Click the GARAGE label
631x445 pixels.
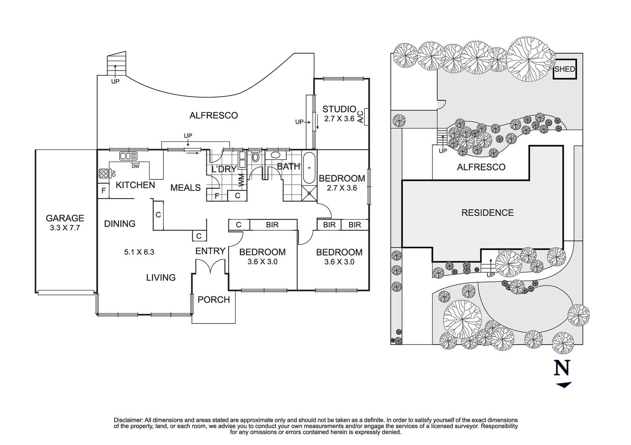[65, 218]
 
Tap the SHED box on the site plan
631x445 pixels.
[564, 69]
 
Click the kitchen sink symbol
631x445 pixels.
[128, 156]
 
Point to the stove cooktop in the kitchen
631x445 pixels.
[104, 173]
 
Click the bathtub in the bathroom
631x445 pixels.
[310, 168]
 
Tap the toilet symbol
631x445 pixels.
[255, 157]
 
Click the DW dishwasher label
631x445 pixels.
[135, 166]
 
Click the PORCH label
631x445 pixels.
[213, 300]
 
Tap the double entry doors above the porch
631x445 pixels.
[211, 267]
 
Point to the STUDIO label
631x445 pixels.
[339, 109]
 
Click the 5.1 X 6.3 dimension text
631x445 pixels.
[139, 252]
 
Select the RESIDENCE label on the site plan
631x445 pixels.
[487, 213]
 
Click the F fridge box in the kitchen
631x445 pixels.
[103, 191]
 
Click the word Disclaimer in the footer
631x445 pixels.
[128, 420]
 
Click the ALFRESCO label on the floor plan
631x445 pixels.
[213, 115]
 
